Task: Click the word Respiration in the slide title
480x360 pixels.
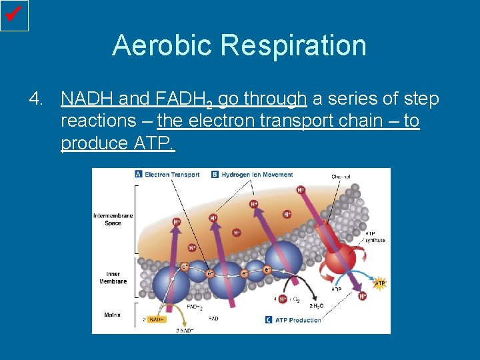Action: (294, 45)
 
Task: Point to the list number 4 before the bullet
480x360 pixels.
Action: (36, 99)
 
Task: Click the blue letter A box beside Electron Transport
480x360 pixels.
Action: (139, 174)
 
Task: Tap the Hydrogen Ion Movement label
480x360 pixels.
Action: (257, 175)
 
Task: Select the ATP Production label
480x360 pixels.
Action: (298, 320)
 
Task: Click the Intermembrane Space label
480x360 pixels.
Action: (113, 219)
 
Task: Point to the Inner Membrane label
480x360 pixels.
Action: (113, 277)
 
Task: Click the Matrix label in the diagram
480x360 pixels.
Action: (112, 315)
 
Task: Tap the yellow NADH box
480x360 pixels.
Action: (156, 319)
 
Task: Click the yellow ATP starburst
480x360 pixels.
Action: (379, 284)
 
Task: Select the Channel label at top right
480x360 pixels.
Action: (341, 177)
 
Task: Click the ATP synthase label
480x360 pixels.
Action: (375, 237)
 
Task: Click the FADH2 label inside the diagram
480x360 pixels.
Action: (195, 307)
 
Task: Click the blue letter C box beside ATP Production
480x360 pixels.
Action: (269, 320)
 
